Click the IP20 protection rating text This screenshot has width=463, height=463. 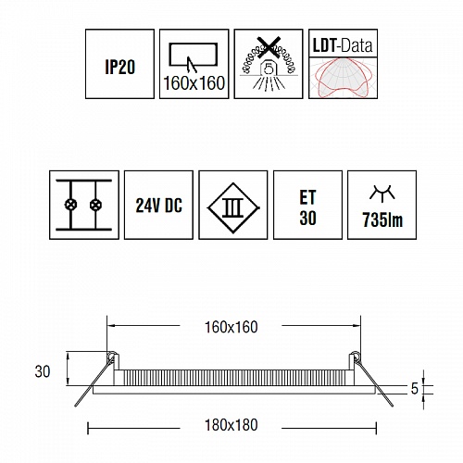coord(120,67)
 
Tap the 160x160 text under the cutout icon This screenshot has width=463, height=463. coord(194,83)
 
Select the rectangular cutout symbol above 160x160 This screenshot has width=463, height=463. coord(194,56)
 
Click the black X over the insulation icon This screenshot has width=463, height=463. coord(269,47)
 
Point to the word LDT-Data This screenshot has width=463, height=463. coord(343,45)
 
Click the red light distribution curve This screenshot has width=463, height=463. coord(343,77)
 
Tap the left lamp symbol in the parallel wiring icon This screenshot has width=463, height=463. coord(70,205)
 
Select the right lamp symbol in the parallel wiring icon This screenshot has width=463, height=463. coord(95,205)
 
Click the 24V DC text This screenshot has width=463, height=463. coord(159,206)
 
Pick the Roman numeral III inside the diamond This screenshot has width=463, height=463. coord(233,207)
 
